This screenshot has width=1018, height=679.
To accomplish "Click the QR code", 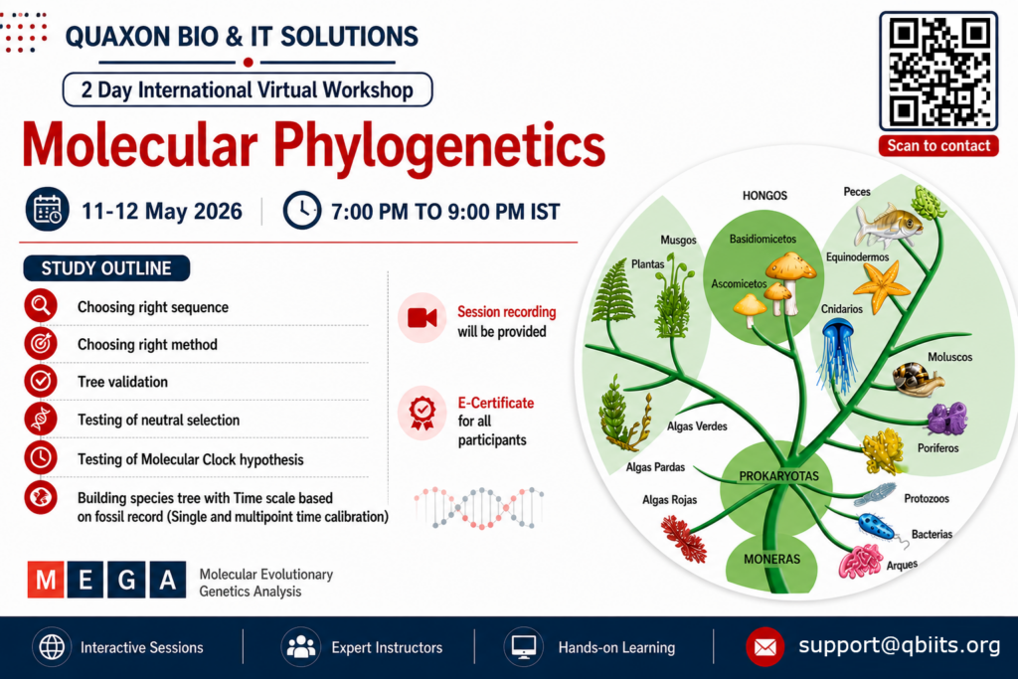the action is coord(938,71).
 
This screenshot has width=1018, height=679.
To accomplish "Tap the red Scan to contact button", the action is coord(938,146).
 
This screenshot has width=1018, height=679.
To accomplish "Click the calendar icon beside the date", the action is coord(48,210).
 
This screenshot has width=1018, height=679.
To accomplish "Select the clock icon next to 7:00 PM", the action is coord(302,211).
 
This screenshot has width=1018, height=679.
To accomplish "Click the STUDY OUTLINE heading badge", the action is coord(106,268).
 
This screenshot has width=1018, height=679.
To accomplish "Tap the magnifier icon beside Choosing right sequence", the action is coord(41,305).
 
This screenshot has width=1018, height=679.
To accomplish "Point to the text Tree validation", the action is coord(122,382).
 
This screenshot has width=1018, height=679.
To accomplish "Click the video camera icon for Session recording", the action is coord(422,318).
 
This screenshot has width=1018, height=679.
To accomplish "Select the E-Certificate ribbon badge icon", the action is coord(422,413).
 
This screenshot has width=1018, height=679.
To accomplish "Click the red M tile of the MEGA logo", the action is coord(46,579).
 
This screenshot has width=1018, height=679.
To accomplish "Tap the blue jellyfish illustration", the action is coord(837,356).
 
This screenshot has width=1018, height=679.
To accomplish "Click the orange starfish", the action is coord(881,286).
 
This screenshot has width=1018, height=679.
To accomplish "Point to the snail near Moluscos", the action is coord(917,379).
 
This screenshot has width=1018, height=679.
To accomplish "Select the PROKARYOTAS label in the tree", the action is coord(778,476).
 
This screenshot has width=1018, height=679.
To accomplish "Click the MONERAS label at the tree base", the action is coord(771,559).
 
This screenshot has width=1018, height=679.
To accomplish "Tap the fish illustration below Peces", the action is coord(888,225).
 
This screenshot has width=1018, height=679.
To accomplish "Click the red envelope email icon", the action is coord(764,647).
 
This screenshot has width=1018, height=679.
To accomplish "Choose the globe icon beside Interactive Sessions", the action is coord(52,647).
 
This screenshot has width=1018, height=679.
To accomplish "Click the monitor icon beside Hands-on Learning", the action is coord(523,647).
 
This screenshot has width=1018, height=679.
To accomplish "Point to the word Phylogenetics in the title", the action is coord(438,147).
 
